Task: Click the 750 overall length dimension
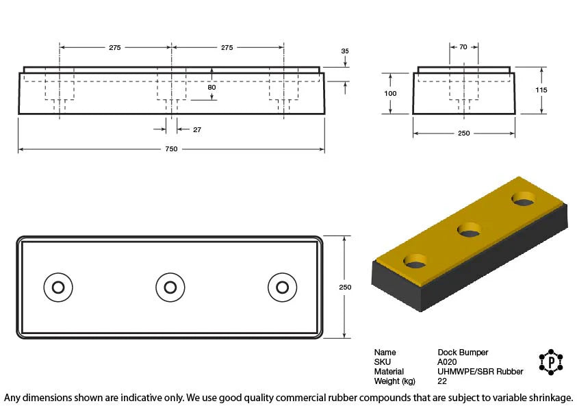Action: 171,149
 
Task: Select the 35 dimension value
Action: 345,51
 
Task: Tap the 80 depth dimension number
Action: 211,88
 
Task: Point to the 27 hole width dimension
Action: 197,129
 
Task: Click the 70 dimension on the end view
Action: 463,47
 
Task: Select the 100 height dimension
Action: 390,93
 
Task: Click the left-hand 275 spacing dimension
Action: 115,47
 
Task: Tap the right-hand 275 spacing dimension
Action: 227,47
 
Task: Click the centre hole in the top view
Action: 170,286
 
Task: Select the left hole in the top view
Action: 57,286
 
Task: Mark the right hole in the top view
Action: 281,286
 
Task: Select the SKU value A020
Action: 447,362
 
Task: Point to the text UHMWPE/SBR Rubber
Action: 480,372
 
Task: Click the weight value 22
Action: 442,381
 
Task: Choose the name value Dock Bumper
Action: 463,353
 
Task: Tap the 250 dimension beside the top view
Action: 345,287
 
